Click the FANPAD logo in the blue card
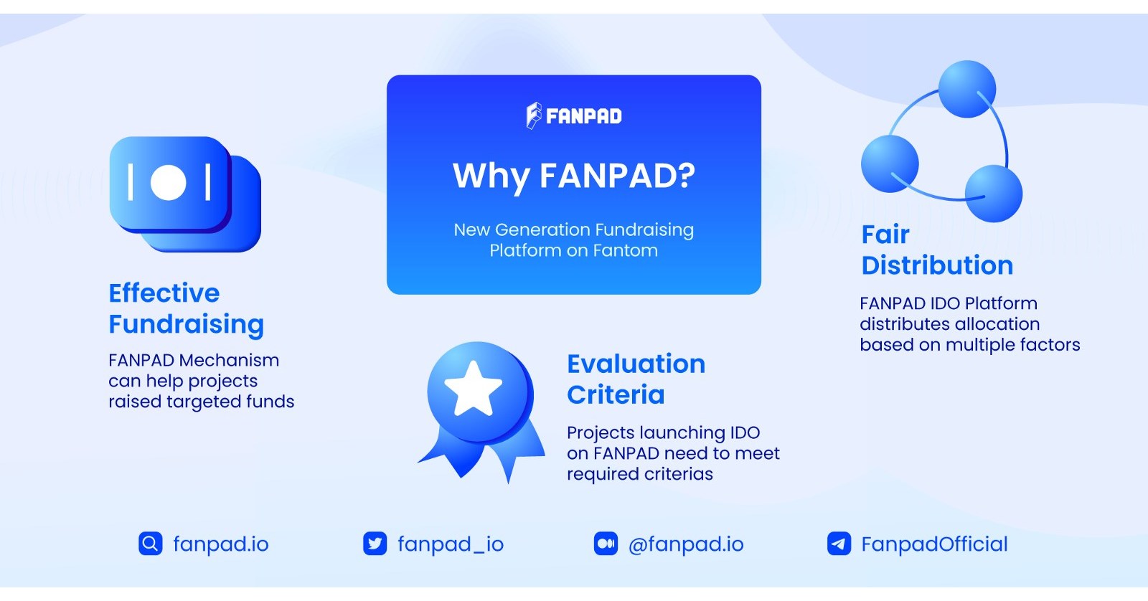click(573, 115)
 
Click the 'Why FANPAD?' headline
click(573, 176)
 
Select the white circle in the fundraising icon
click(169, 182)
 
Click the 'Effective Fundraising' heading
click(186, 308)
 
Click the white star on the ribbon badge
click(473, 389)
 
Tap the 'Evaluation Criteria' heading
click(636, 379)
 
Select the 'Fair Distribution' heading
click(936, 250)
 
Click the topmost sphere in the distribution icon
click(966, 89)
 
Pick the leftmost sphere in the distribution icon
click(890, 164)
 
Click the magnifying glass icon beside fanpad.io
click(150, 544)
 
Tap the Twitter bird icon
click(375, 544)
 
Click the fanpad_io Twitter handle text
click(451, 544)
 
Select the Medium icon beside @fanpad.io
click(606, 544)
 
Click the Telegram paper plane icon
click(839, 544)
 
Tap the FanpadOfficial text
click(934, 544)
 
